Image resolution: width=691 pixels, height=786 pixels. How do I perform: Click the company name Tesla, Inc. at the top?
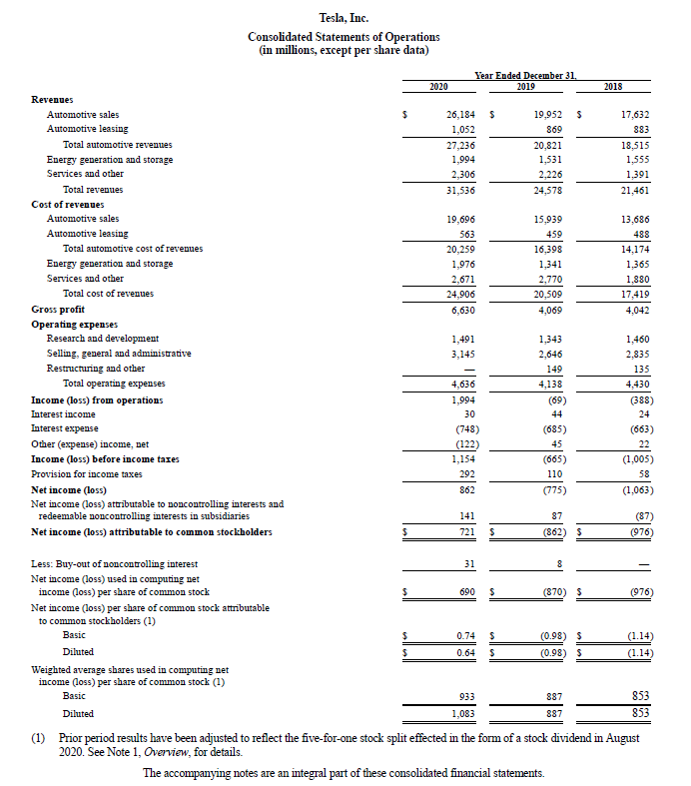click(x=344, y=18)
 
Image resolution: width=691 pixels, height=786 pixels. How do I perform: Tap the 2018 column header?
click(x=613, y=87)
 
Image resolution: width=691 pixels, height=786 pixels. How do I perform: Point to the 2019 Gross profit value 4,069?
click(x=549, y=309)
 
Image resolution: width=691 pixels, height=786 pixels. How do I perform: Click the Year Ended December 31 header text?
click(x=526, y=76)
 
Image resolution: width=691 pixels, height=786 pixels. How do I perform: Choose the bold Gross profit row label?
click(x=59, y=310)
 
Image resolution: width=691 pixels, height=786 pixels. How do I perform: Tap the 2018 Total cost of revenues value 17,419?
click(x=635, y=294)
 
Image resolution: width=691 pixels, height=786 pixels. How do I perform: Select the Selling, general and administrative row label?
click(x=119, y=354)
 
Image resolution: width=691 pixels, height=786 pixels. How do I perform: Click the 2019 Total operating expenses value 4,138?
click(x=549, y=384)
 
